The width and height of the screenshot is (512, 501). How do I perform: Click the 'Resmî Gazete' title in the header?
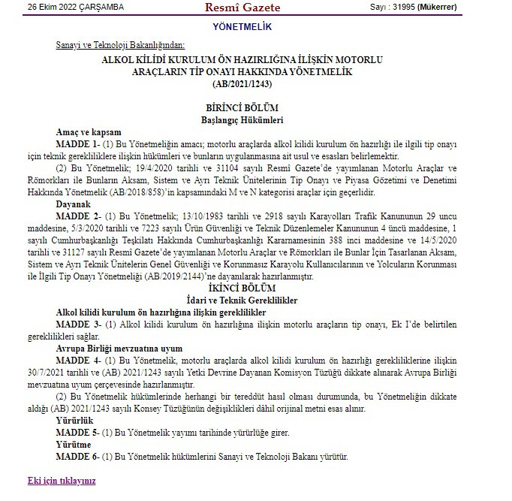click(242, 8)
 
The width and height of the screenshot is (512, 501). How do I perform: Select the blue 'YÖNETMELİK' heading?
click(242, 27)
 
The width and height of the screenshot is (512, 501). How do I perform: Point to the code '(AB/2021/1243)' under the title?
click(242, 83)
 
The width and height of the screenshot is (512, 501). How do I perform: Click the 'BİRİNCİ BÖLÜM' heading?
click(242, 107)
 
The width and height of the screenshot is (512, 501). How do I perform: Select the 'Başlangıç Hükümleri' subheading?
click(242, 119)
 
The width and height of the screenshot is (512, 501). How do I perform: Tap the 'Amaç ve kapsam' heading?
click(89, 131)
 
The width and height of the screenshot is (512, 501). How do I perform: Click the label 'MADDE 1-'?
click(77, 143)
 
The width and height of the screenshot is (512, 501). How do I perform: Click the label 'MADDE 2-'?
click(77, 216)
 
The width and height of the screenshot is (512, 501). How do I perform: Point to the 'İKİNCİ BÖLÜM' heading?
click(242, 288)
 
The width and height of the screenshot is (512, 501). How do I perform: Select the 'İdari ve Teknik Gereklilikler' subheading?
click(242, 300)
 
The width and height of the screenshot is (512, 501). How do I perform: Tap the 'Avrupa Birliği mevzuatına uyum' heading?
click(119, 349)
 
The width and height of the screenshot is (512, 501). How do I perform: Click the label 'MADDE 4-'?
click(77, 361)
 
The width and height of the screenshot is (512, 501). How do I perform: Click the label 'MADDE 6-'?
click(77, 457)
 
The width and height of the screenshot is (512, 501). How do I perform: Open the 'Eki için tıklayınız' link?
click(62, 480)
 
